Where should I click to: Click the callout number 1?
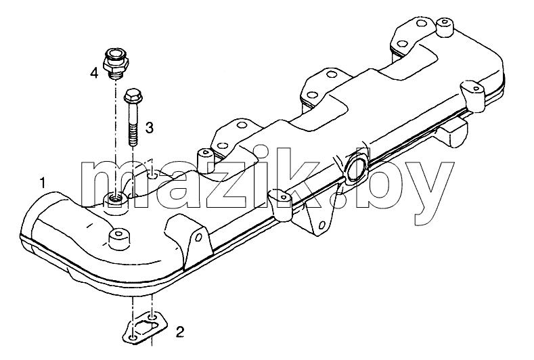point(43,183)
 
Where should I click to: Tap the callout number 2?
point(180,332)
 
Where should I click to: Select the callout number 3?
point(149,128)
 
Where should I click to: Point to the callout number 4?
point(94,72)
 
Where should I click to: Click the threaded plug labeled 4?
point(116,64)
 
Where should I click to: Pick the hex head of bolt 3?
point(131,96)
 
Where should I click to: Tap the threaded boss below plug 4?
point(115,202)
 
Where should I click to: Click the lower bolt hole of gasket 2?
point(134,338)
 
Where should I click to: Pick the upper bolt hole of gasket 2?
point(154,317)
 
